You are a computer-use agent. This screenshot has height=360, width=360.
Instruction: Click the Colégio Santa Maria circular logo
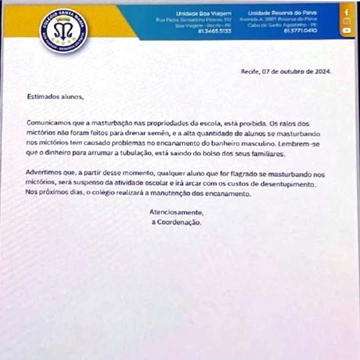[x=64, y=31]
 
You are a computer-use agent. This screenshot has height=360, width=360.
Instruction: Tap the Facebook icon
[x=347, y=13]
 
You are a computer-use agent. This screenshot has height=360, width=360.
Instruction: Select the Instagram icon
[x=347, y=21]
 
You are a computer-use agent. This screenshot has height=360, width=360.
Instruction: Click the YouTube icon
[x=347, y=30]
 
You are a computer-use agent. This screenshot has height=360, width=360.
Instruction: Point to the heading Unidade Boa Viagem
[x=204, y=14]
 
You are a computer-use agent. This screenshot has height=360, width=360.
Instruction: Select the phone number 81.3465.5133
[x=214, y=31]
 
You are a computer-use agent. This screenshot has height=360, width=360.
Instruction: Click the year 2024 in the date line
[x=323, y=71]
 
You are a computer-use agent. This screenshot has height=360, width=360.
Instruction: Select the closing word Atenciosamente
[x=176, y=212]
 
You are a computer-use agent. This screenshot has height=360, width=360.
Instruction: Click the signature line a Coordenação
[x=176, y=223]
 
